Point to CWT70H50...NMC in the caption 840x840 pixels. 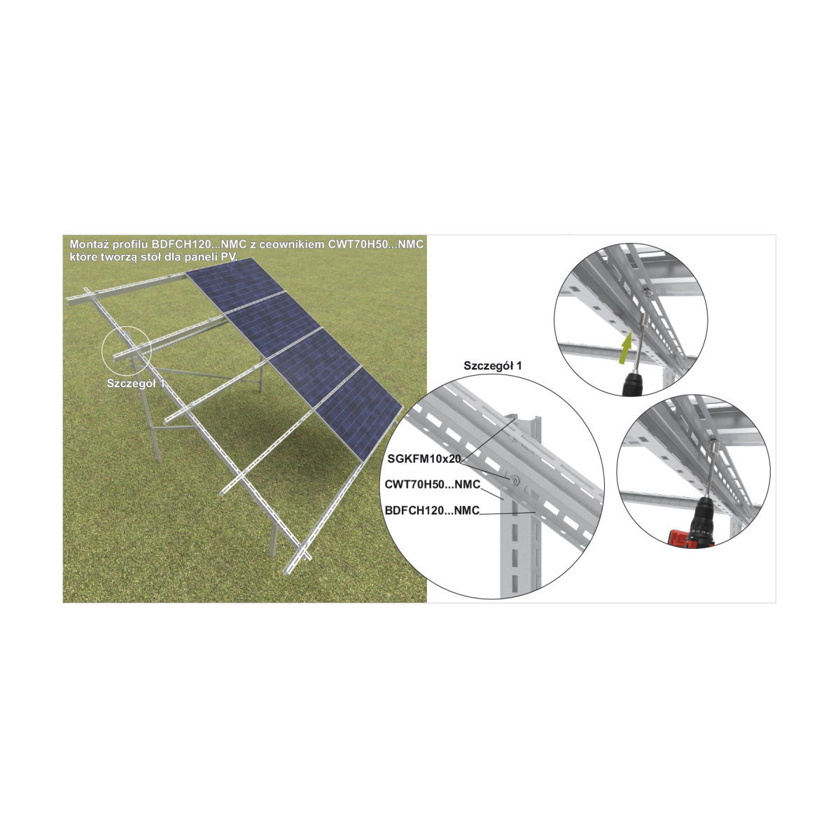point(375,244)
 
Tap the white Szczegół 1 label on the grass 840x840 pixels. point(136,384)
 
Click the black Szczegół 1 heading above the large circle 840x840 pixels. point(493,365)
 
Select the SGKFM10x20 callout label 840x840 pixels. point(423,458)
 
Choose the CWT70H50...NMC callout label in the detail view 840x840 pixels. point(432,484)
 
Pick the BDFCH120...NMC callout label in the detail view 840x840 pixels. point(432,510)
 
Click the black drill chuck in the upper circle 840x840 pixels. point(633,384)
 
